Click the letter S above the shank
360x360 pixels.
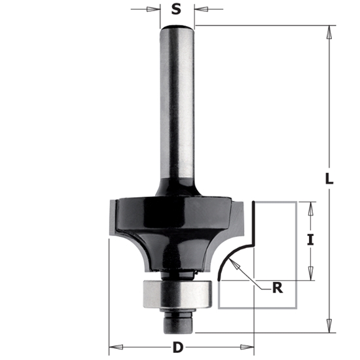(176, 9)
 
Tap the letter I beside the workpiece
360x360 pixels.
(311, 240)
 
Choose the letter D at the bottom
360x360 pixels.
(178, 348)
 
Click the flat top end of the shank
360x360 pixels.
(177, 26)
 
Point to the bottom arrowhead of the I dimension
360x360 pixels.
(311, 278)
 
